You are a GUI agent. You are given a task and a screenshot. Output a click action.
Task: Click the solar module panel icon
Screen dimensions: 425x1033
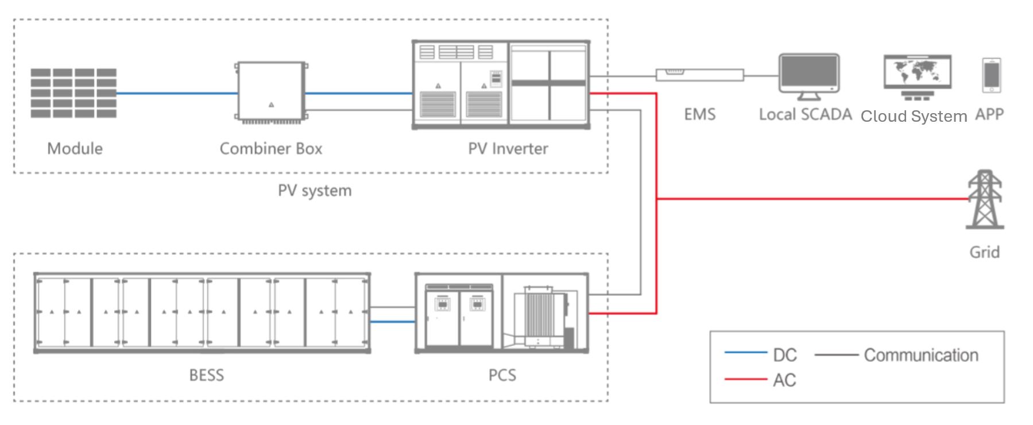(73, 93)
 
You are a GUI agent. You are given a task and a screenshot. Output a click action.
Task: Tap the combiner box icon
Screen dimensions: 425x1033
(271, 92)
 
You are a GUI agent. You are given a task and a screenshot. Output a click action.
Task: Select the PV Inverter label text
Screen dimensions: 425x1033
(508, 149)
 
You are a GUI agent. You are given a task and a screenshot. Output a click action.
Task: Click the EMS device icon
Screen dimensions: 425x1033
(699, 75)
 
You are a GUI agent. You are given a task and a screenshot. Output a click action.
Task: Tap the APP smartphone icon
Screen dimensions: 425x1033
(991, 75)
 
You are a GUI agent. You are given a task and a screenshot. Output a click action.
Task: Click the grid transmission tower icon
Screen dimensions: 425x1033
(985, 199)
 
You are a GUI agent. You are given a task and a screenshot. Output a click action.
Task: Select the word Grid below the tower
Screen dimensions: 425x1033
(984, 252)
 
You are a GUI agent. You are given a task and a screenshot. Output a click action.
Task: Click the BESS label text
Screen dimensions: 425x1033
(206, 375)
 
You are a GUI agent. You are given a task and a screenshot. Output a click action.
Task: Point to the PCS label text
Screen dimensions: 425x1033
(502, 375)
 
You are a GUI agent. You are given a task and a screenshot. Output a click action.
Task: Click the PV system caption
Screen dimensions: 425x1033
(315, 191)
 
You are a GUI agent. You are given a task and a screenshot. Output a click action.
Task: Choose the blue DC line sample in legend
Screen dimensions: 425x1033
(745, 352)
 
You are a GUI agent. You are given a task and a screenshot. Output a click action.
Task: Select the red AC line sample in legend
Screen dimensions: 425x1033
(745, 379)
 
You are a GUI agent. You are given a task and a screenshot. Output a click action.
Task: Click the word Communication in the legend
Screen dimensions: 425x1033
(920, 355)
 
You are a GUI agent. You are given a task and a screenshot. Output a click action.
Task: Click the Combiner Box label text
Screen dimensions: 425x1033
(270, 149)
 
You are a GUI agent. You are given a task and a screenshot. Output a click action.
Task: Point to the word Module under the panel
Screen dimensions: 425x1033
(75, 149)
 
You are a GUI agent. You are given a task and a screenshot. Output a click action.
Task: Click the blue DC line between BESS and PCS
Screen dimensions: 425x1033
(392, 322)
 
